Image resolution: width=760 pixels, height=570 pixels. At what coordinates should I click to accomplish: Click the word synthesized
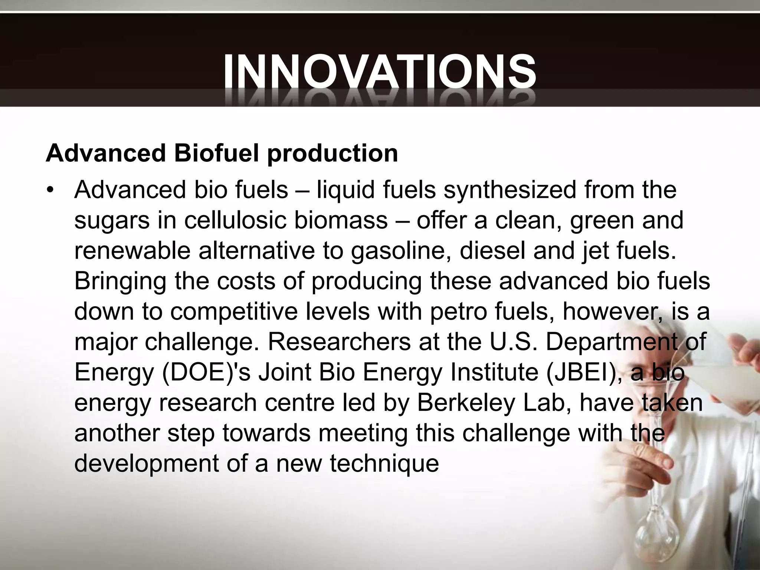(510, 190)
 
